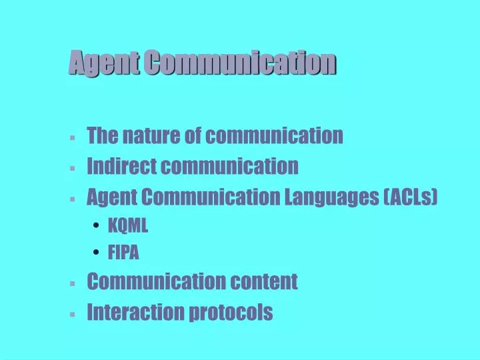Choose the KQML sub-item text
coord(128,227)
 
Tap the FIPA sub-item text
coord(124,253)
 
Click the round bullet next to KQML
coord(97,227)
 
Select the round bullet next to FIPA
coord(97,253)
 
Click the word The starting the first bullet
coord(101,136)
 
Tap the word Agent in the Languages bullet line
coord(110,197)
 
